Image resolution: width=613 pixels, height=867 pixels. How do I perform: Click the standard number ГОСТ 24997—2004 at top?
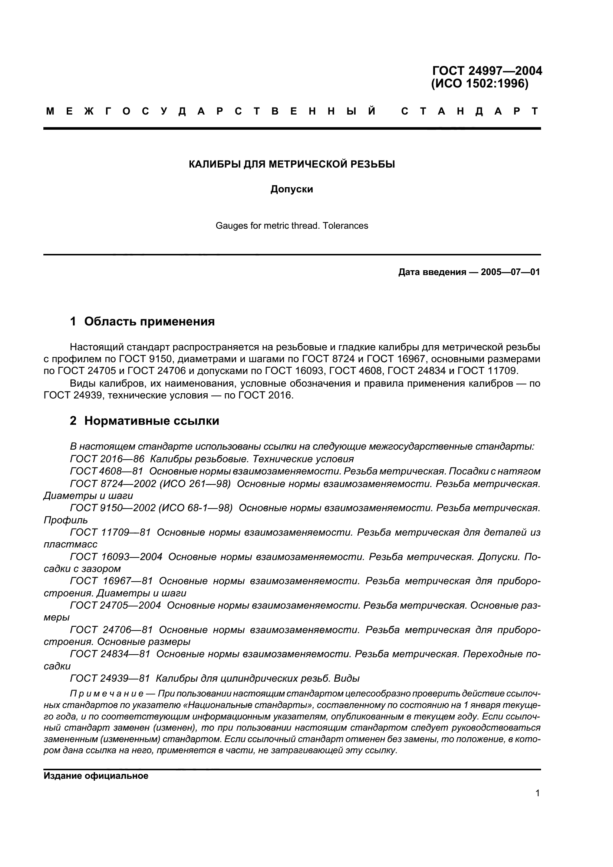click(x=487, y=71)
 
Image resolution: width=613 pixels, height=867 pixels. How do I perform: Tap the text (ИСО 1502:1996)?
click(x=479, y=83)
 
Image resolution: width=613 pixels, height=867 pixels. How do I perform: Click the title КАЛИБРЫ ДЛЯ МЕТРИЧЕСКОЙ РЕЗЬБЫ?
click(x=291, y=164)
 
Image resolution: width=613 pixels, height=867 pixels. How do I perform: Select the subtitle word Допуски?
click(x=291, y=189)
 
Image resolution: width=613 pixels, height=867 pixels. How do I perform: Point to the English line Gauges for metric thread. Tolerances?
click(x=291, y=226)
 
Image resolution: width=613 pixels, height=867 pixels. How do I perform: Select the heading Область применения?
click(x=149, y=322)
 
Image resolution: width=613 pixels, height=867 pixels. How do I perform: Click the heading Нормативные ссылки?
click(x=151, y=421)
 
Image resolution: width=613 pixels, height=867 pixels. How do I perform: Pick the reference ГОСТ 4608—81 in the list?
click(x=106, y=471)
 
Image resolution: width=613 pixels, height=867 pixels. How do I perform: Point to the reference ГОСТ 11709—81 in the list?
click(x=110, y=532)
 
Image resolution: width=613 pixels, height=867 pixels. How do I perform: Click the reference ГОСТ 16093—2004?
click(x=116, y=557)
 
